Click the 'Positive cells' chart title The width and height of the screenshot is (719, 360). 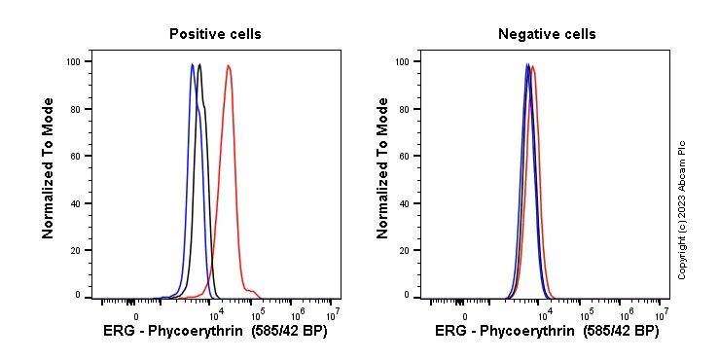coord(215,34)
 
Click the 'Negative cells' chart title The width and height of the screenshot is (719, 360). coord(547,34)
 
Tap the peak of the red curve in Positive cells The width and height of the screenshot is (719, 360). coord(228,66)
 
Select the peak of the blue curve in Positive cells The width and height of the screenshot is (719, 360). coord(193,65)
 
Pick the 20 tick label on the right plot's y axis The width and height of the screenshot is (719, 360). coord(405,250)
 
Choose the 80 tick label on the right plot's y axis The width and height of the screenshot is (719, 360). coord(405,109)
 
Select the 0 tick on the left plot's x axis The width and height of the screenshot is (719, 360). coord(135,316)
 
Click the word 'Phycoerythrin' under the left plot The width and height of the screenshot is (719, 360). coord(203,332)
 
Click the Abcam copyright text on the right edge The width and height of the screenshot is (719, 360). coord(682,209)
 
